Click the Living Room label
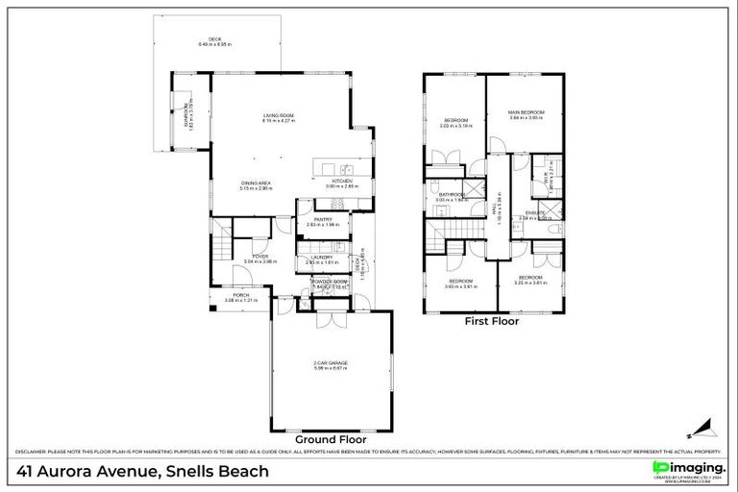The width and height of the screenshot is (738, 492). (x=279, y=119)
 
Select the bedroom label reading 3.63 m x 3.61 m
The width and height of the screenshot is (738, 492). (x=461, y=283)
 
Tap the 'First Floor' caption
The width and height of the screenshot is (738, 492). (x=492, y=322)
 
